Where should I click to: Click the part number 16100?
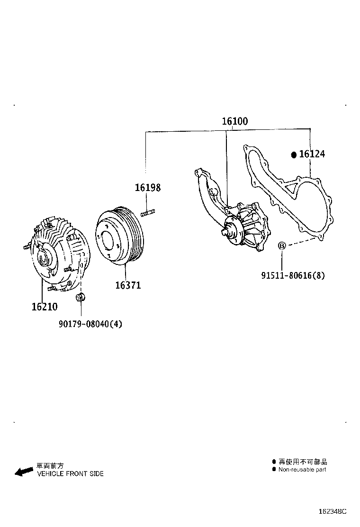tap(235, 121)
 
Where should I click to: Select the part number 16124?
tap(312, 154)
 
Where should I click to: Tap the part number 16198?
tap(147, 188)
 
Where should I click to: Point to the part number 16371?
tap(128, 285)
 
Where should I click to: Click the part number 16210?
tap(45, 307)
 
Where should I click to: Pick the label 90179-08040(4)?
tap(90, 324)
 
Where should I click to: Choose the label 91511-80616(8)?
tap(293, 275)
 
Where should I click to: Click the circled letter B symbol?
tap(281, 245)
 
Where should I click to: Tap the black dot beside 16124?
tap(294, 154)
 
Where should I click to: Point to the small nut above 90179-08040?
tap(80, 297)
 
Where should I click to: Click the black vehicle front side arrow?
tap(24, 471)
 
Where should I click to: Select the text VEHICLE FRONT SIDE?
tap(70, 474)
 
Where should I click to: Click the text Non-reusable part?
tap(302, 470)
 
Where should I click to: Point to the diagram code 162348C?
tap(333, 511)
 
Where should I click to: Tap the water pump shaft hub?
tap(231, 231)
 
